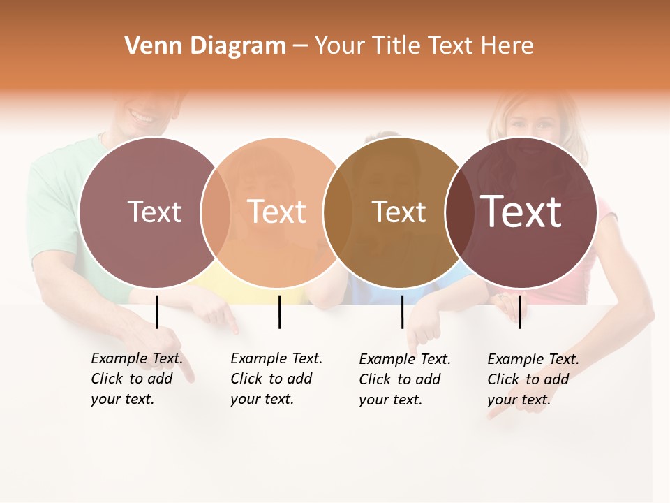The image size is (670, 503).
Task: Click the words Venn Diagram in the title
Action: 205,46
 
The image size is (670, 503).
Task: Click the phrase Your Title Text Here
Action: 424,46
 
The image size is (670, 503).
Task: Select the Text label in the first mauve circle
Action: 154,212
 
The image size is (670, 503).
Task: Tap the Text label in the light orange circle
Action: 277,212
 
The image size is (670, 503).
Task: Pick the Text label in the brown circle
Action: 399,212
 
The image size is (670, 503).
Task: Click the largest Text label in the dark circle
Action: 521,211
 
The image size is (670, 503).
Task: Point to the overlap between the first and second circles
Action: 216,212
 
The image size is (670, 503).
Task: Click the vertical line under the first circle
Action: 157,312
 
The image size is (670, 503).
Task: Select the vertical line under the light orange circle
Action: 279,312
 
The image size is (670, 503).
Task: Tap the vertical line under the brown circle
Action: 402,312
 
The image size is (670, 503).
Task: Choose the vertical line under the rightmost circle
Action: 519,312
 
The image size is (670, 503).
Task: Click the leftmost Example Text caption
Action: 136,379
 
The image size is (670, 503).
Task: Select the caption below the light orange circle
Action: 276,379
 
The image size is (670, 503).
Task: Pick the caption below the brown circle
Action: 404,379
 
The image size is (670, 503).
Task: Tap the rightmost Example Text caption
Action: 533,379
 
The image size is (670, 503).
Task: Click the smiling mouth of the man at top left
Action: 143,116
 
